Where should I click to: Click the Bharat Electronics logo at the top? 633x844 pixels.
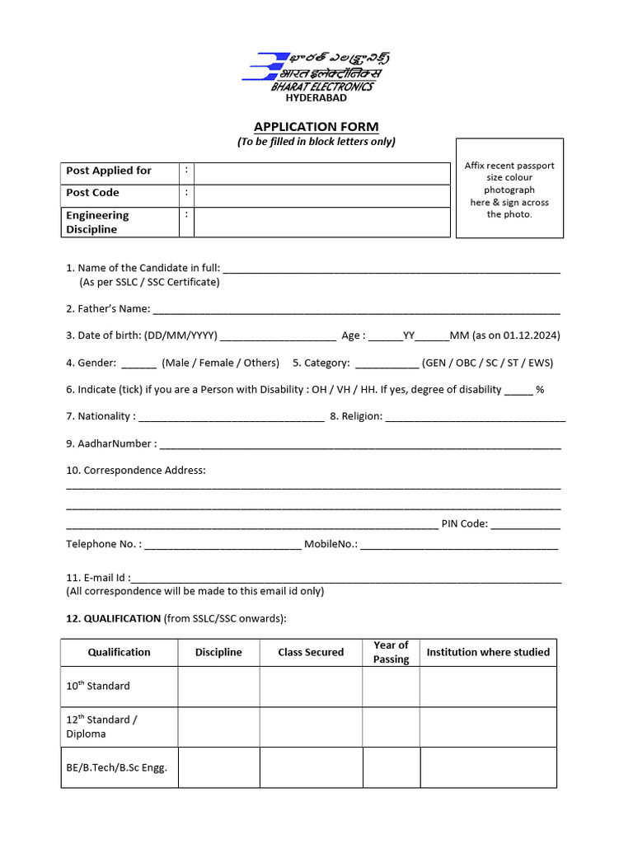point(316,71)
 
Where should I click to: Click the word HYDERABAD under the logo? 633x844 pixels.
point(316,97)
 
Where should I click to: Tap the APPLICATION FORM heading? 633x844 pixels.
point(316,127)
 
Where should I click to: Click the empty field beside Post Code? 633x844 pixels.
point(321,194)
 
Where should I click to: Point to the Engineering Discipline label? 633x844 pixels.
point(97,223)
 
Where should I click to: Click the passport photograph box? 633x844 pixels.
point(509,189)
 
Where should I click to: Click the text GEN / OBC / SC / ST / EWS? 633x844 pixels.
point(487,363)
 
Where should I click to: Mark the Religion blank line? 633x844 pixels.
point(476,419)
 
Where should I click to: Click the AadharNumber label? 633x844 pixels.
point(110,443)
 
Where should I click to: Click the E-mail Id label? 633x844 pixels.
point(96,579)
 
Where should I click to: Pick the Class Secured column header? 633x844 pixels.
point(311,652)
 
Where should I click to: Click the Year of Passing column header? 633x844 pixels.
point(391,652)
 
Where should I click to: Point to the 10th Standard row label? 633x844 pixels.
point(98,686)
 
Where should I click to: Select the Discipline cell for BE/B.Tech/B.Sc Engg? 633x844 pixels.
point(218,767)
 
